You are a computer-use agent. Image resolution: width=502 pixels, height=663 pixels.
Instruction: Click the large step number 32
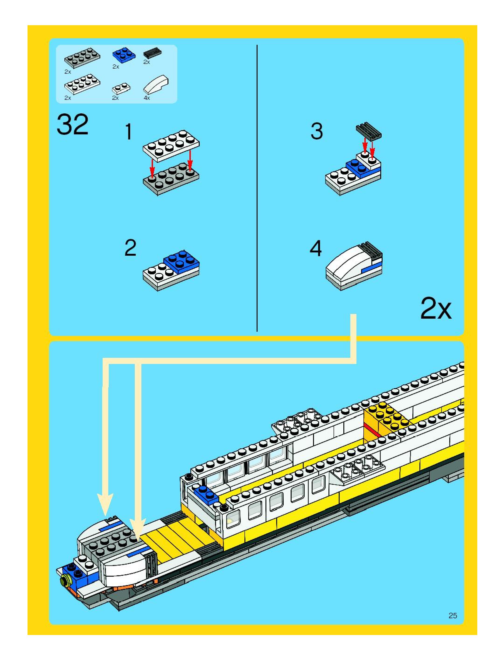pyautogui.click(x=73, y=124)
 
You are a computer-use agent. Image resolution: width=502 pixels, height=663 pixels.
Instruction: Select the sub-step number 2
pyautogui.click(x=130, y=248)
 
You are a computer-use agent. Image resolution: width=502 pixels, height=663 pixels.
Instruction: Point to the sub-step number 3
pyautogui.click(x=317, y=131)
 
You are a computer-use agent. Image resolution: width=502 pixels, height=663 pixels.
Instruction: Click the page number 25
pyautogui.click(x=453, y=615)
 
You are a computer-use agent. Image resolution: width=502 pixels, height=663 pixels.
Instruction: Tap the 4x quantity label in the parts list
pyautogui.click(x=146, y=98)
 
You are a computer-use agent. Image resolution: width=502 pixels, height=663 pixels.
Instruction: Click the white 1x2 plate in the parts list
pyautogui.click(x=121, y=88)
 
